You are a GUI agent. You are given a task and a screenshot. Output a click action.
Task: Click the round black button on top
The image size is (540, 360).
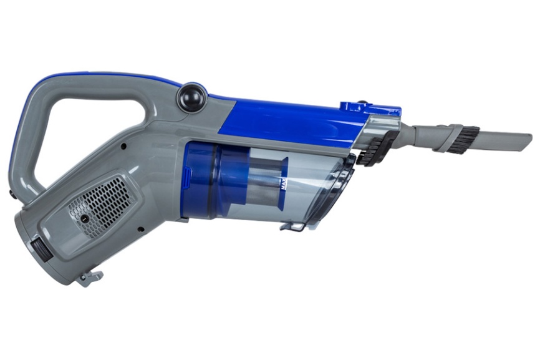pos(191,97)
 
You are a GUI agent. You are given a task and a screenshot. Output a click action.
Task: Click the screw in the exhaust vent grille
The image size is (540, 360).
pos(84,218)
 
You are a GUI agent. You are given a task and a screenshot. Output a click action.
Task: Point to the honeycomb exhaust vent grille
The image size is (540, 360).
pos(100,205)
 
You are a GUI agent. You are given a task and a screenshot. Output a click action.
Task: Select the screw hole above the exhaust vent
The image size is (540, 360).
pos(123,147)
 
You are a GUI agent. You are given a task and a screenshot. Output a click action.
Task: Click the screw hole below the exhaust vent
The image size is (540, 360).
pos(140,229)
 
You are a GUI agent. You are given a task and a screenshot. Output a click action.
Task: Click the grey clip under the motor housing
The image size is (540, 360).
pos(91,278)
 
